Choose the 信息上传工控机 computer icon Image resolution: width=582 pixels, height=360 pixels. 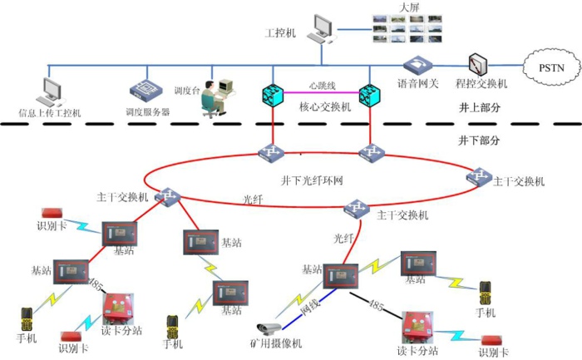tap(52, 91)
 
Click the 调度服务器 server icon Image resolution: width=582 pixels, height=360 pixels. tap(141, 91)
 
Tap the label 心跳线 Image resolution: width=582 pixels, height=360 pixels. tap(322, 86)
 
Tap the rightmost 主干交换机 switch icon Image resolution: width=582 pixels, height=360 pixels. tap(478, 177)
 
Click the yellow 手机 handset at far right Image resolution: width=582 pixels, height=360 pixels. tap(485, 293)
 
